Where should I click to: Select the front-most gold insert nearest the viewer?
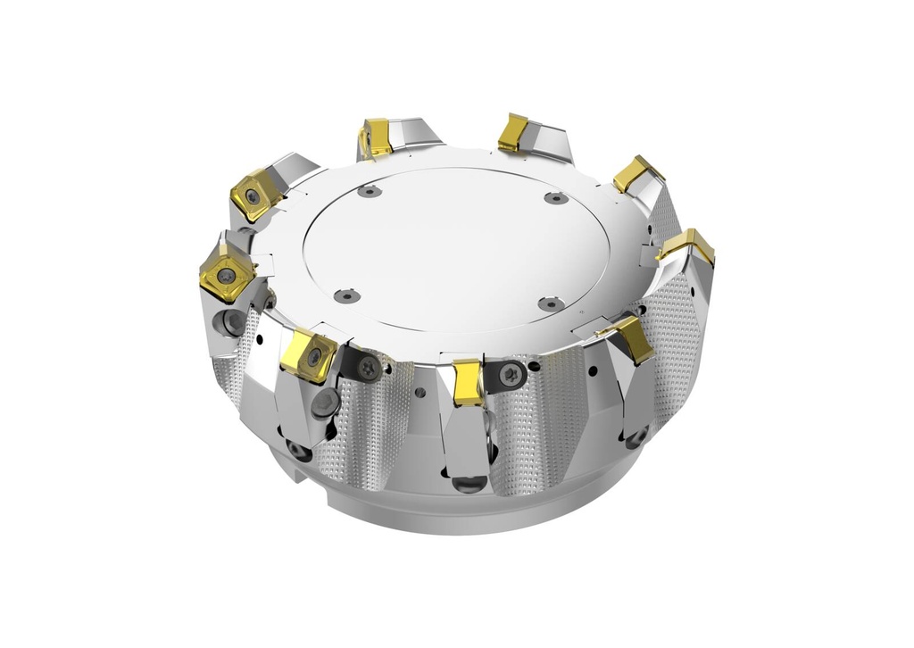point(468,382)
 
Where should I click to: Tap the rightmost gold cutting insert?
point(689,245)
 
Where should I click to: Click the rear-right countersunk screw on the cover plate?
point(555,197)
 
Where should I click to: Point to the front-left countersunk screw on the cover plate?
point(344,295)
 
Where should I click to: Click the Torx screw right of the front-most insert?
point(510,374)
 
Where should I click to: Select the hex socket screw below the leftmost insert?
point(233,320)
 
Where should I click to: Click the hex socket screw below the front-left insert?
point(328,403)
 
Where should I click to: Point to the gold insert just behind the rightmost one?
point(636,172)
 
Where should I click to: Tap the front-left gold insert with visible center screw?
point(310,354)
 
